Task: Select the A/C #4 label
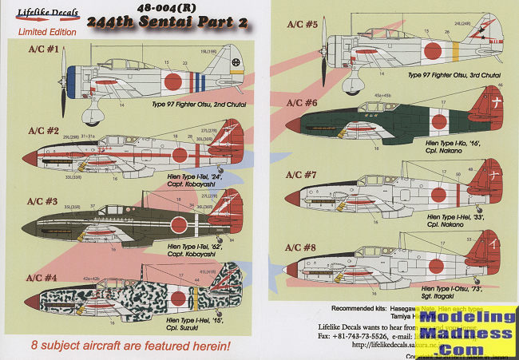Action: [x=42, y=280]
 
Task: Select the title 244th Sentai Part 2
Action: [x=169, y=23]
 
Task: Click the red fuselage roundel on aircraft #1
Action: [x=172, y=81]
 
